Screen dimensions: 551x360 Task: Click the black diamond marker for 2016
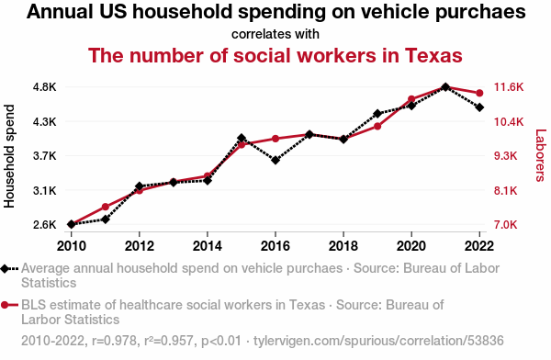[275, 161]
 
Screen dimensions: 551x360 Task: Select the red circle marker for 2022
[479, 93]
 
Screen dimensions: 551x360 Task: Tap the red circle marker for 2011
[105, 207]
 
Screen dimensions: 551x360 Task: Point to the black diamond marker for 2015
[242, 138]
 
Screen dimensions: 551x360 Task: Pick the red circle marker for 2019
[377, 126]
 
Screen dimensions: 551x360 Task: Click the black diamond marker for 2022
[479, 107]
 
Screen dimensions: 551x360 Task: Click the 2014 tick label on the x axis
[208, 246]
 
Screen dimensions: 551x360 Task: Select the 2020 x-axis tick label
[411, 246]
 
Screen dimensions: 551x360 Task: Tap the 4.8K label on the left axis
[45, 87]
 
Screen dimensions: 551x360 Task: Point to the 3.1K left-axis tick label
[45, 190]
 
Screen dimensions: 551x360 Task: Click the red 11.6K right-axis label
[509, 87]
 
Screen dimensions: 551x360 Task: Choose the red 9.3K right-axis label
[506, 156]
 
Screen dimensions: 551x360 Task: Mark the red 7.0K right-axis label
[506, 224]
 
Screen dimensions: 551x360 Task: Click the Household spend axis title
[9, 156]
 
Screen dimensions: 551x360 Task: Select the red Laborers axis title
[541, 155]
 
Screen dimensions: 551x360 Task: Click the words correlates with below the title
[275, 34]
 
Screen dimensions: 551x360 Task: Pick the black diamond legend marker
[5, 268]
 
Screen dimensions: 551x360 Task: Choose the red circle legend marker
[5, 305]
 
